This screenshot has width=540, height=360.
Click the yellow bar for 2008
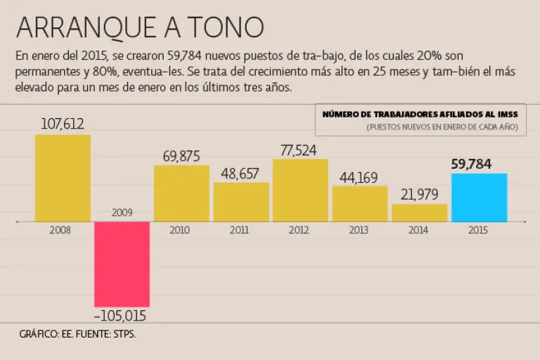[63, 178]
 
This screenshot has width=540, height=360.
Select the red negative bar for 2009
[122, 264]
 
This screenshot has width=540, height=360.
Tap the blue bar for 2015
[479, 198]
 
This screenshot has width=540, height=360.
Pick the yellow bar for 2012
[300, 191]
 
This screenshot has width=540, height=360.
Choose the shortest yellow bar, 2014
[419, 212]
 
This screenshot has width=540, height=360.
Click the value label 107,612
[63, 124]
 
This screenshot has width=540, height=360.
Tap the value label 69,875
[181, 156]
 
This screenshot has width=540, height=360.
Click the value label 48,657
[241, 173]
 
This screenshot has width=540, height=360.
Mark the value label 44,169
[359, 176]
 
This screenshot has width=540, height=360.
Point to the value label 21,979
[419, 195]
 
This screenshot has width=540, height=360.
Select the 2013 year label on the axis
[359, 229]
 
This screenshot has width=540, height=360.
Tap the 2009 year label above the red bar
[122, 212]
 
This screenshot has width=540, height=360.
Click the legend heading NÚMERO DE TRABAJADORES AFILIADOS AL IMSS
[420, 114]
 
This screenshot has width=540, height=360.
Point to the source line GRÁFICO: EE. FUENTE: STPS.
[77, 334]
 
